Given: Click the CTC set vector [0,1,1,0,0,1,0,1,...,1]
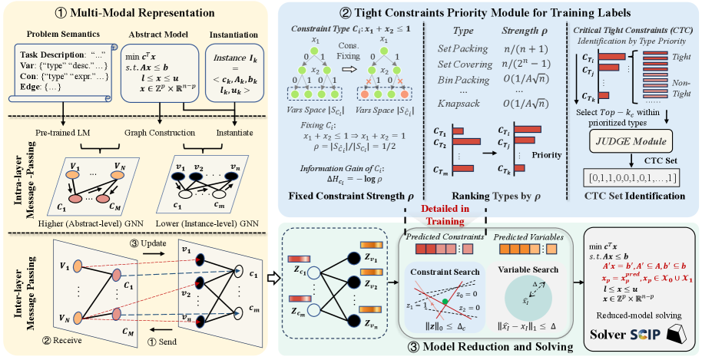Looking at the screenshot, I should point(627,178).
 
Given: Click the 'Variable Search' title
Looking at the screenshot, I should point(530,271).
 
